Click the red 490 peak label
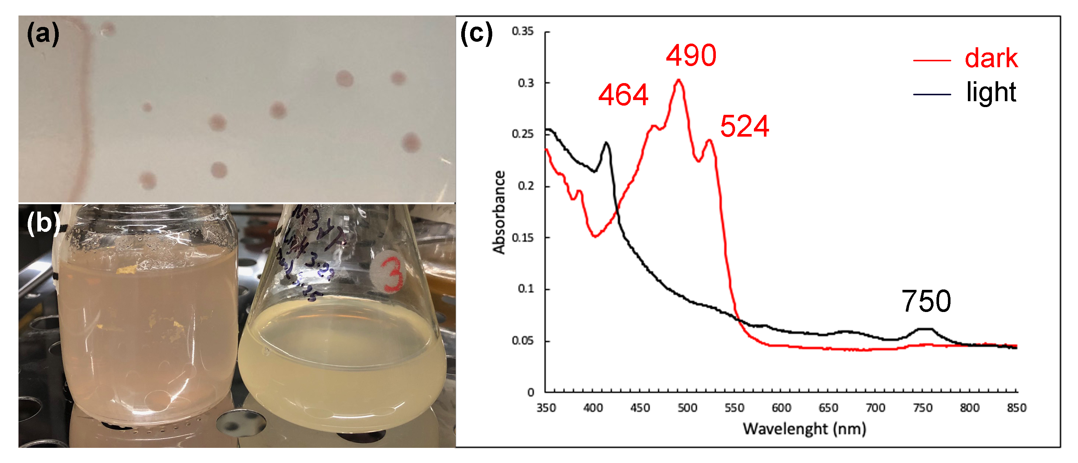(691, 55)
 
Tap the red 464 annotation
(623, 95)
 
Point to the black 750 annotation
(926, 301)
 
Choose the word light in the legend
(991, 92)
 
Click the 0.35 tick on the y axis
(523, 31)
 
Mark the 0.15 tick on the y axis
(523, 237)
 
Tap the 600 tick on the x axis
(781, 408)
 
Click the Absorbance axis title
(499, 212)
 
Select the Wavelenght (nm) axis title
(804, 429)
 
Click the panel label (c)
(476, 34)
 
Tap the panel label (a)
(43, 34)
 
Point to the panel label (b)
(43, 223)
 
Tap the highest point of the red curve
(679, 79)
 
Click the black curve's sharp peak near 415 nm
(606, 143)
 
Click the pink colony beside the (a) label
(108, 29)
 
